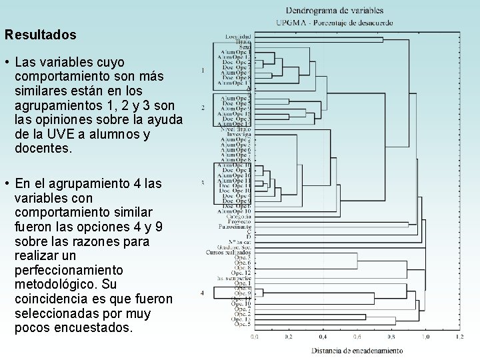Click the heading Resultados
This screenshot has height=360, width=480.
tap(40, 34)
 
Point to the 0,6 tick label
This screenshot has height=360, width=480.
tap(357, 337)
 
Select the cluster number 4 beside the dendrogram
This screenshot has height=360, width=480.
tap(203, 293)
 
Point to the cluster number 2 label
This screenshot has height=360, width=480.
tap(203, 107)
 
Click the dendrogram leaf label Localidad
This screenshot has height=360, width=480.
tap(238, 35)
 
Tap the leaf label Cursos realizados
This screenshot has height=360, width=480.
tap(229, 253)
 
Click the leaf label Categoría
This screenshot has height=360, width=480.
tap(237, 217)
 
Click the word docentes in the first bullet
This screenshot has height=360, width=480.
tap(42, 149)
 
